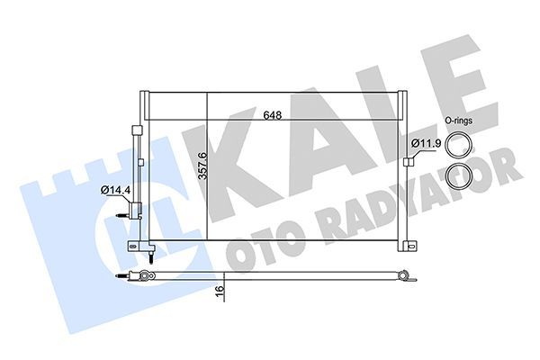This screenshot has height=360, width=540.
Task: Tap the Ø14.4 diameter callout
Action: coord(115,190)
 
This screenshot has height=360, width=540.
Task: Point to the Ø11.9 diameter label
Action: coord(425,143)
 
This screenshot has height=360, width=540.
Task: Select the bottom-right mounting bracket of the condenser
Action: coord(410,246)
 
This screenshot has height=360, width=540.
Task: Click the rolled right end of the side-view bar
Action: coord(410,280)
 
